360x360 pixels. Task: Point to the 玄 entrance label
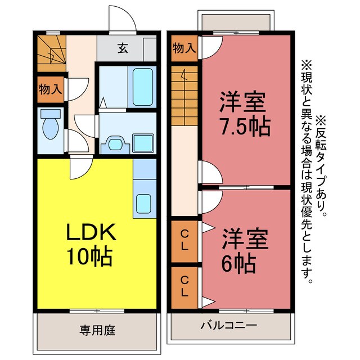[122, 48]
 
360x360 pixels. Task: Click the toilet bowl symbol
[51, 127]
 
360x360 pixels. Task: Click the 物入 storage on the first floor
[51, 89]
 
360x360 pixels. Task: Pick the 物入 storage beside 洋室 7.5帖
[184, 48]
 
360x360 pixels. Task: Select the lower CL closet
[184, 286]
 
